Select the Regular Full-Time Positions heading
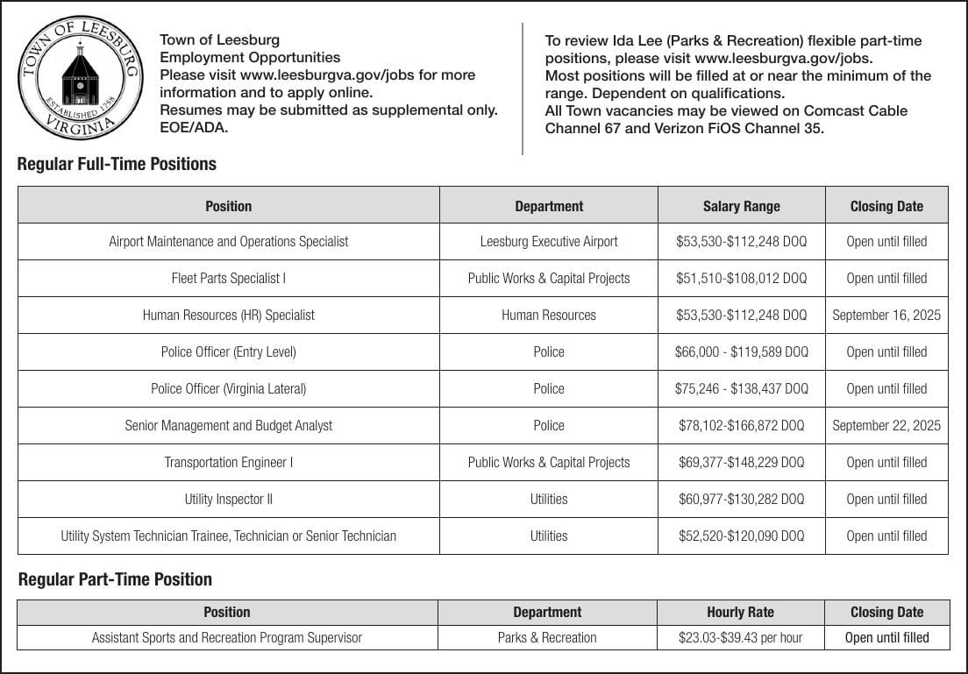pos(117,164)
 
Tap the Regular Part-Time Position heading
pos(115,579)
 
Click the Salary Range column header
pos(741,206)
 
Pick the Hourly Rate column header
pos(740,612)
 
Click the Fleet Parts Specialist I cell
pos(228,278)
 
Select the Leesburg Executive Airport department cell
pos(549,241)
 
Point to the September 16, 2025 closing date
pos(886,315)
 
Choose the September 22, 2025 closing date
pos(886,425)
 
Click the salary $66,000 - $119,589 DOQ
pos(741,351)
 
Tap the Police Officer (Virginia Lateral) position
pos(228,388)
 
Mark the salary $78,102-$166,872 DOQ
pos(741,425)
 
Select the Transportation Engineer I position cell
pos(228,462)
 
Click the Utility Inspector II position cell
pos(228,499)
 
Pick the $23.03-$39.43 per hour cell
pos(740,637)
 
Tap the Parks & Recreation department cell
pos(547,637)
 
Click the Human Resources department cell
pos(549,315)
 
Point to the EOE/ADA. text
pos(193,128)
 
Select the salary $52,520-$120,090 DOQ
pos(741,536)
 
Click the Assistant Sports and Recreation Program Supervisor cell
pos(227,637)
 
